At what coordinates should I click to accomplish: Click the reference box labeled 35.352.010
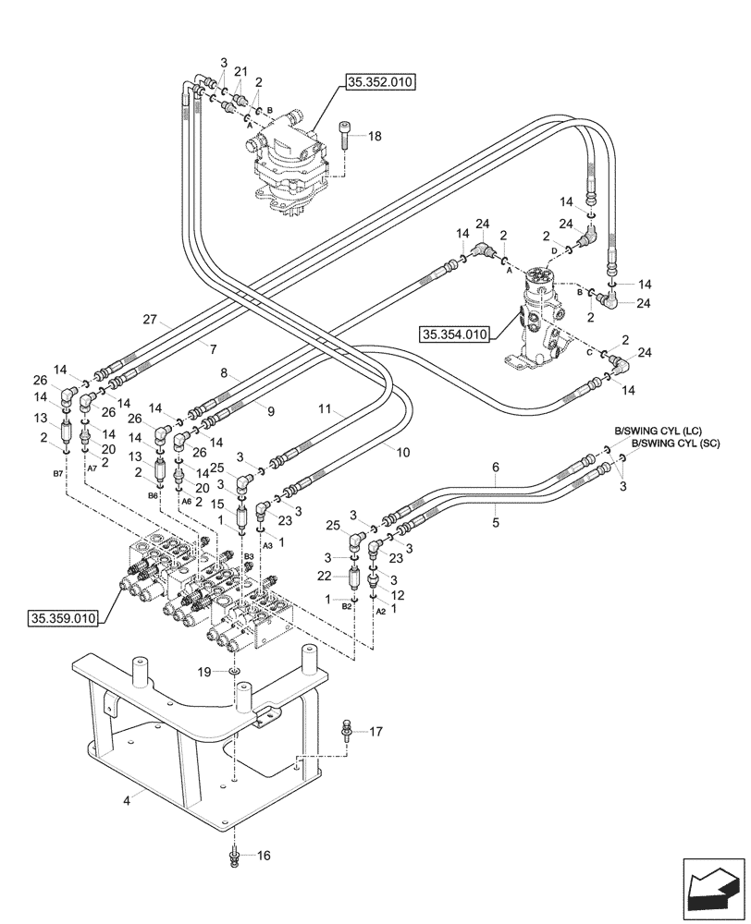(x=380, y=83)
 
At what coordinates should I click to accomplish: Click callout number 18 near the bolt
(x=374, y=137)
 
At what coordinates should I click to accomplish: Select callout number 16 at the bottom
(x=264, y=856)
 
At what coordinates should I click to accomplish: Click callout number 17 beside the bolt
(x=375, y=733)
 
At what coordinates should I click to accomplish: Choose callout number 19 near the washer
(x=205, y=672)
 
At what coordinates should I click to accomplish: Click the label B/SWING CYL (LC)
(x=658, y=431)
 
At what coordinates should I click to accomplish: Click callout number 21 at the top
(x=240, y=71)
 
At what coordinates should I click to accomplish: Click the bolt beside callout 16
(x=236, y=856)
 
